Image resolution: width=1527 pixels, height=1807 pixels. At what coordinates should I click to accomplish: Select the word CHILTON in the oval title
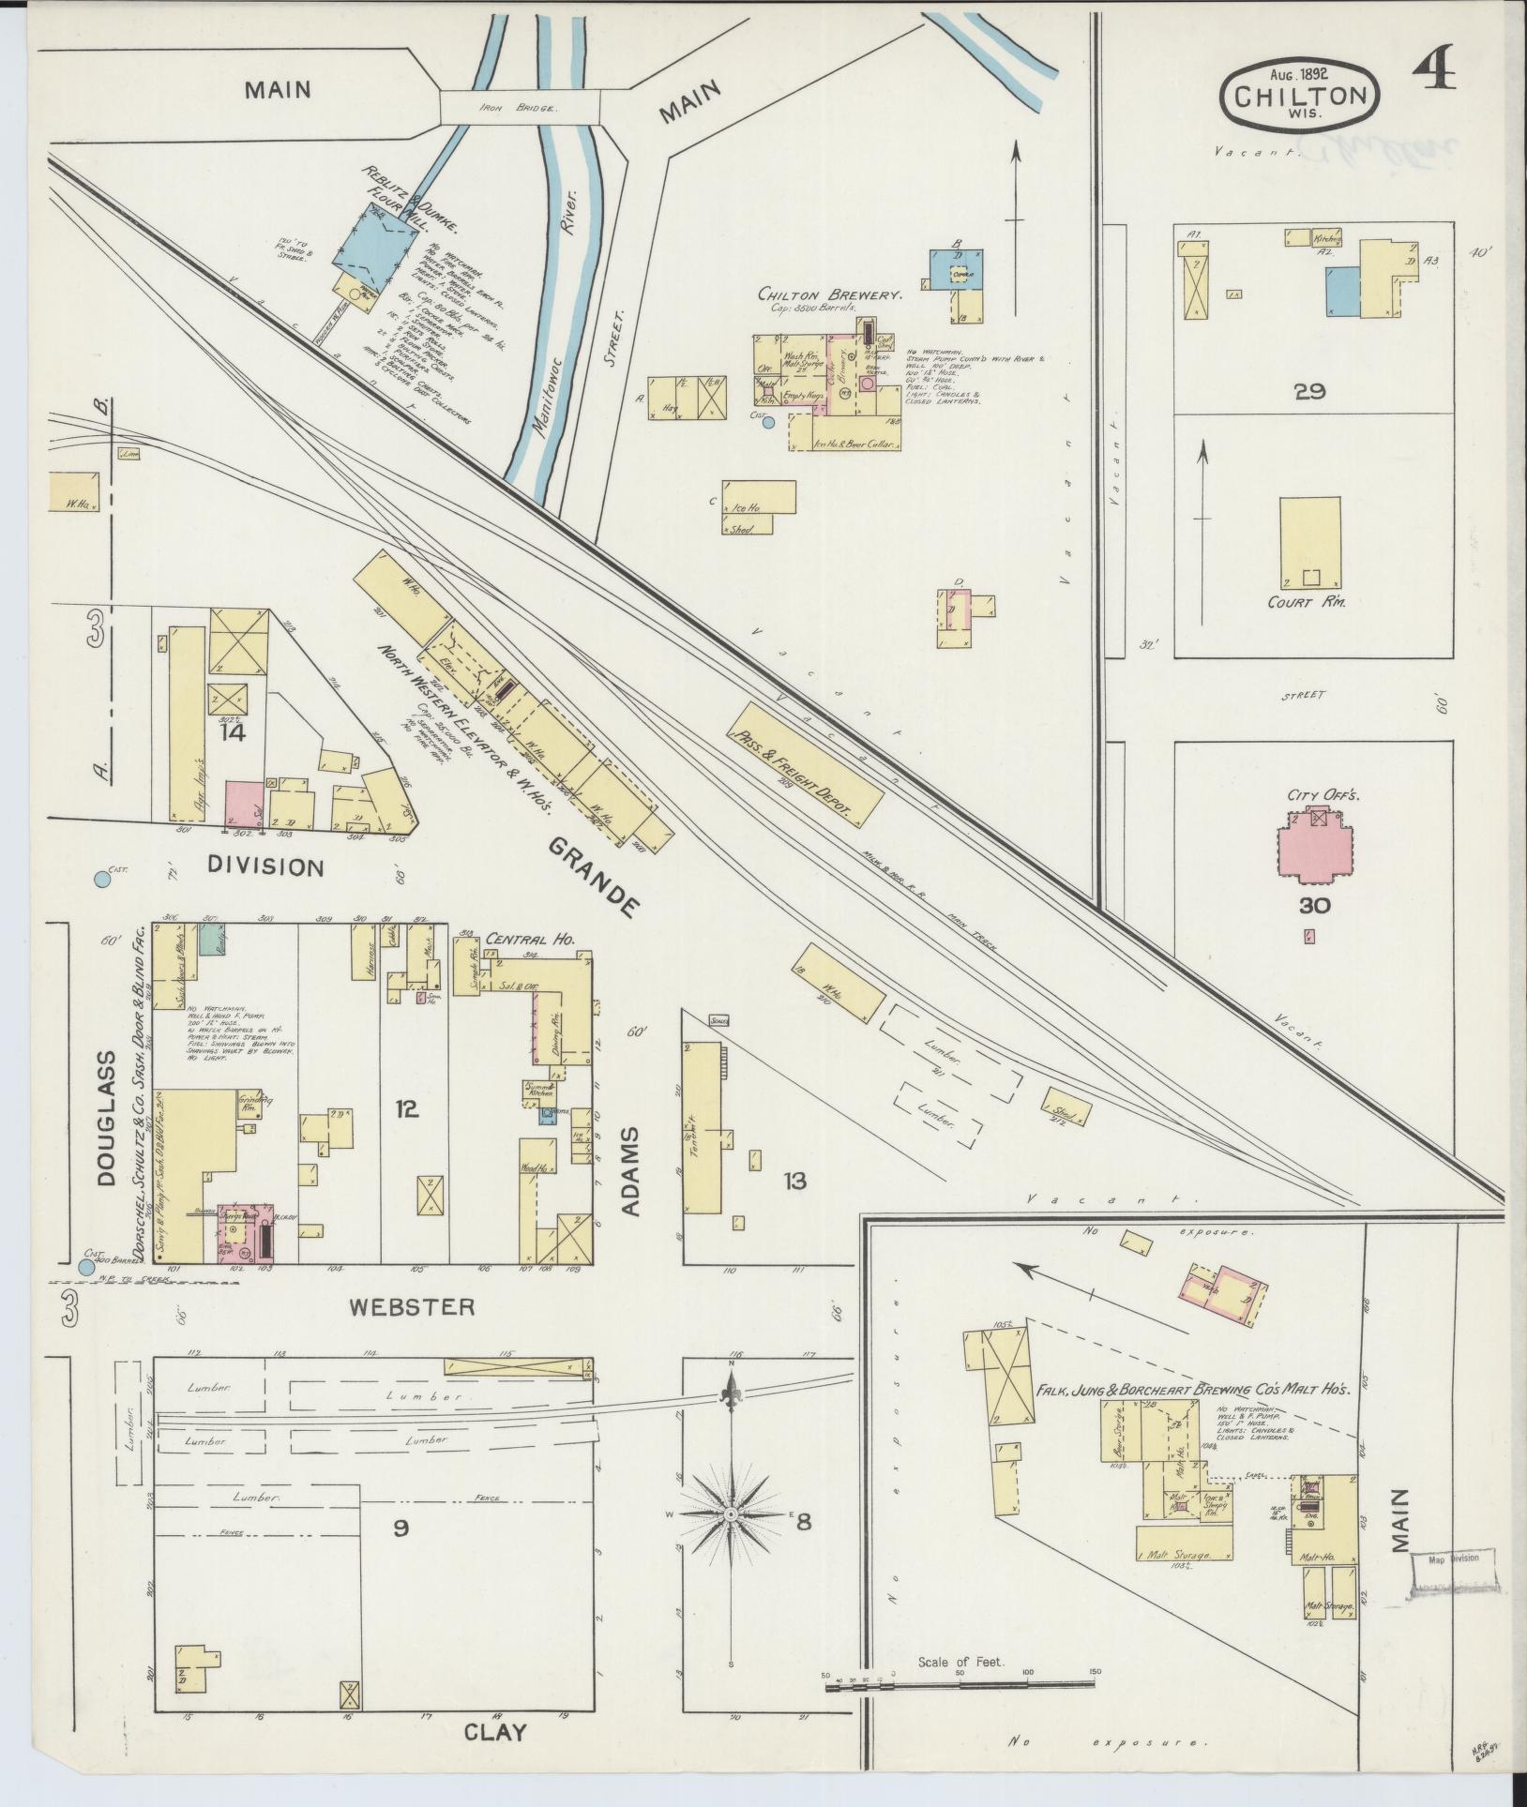pyautogui.click(x=1299, y=96)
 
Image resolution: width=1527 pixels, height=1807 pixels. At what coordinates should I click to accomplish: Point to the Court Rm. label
pyautogui.click(x=1307, y=601)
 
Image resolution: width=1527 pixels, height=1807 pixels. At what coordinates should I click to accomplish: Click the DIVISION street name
pyautogui.click(x=265, y=866)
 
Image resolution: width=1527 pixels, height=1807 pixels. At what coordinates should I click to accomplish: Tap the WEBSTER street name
pyautogui.click(x=413, y=1306)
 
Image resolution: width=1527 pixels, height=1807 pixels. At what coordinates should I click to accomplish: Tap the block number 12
pyautogui.click(x=405, y=1109)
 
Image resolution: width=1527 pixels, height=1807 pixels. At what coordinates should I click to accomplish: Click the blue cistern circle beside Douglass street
pyautogui.click(x=87, y=1268)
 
